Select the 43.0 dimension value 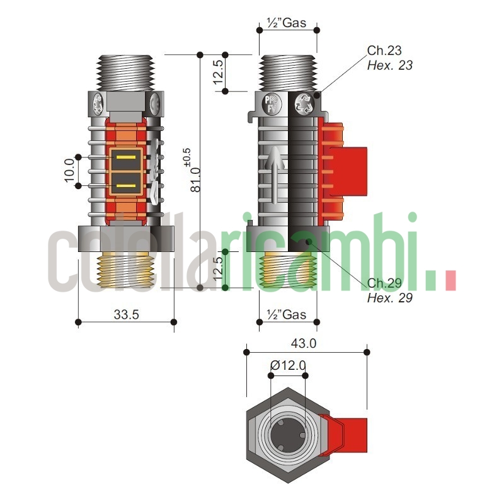tap(303, 343)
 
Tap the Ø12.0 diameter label tap(287, 365)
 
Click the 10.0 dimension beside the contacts tap(69, 170)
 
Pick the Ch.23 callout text tap(384, 50)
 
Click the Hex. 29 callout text tap(390, 297)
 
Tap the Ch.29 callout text tap(384, 283)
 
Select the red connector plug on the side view tap(343, 169)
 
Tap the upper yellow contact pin tap(127, 157)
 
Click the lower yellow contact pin tap(127, 186)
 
